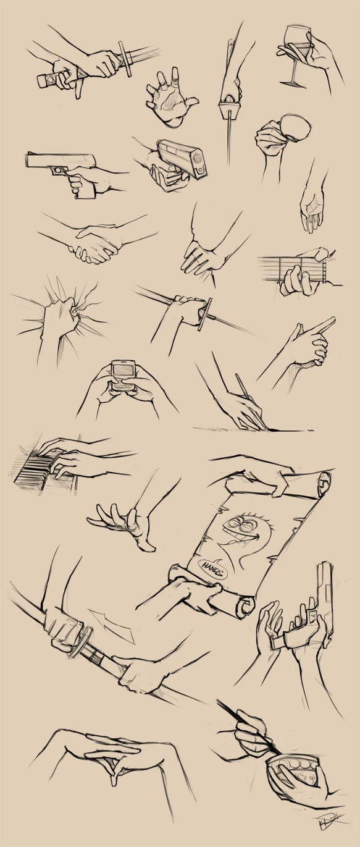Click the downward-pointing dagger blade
coord(229,139)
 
